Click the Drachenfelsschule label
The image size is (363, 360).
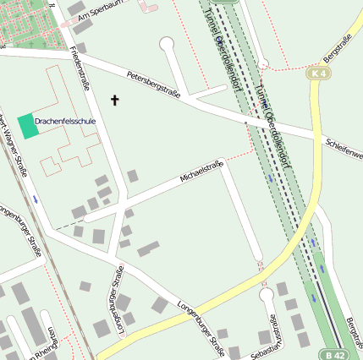65,122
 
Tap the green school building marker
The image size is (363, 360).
28,125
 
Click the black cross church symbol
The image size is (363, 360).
115,101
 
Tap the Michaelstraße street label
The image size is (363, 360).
201,172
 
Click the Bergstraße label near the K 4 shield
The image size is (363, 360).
338,50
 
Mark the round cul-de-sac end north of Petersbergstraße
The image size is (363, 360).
167,43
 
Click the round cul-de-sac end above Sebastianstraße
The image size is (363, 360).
267,295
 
